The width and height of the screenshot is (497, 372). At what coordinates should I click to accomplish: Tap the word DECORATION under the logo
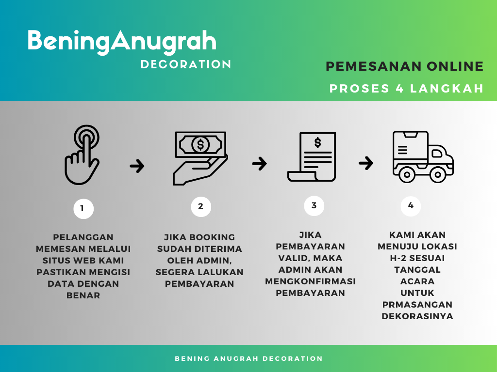[x=186, y=64]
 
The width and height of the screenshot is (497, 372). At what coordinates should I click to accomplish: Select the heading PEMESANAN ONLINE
[x=405, y=66]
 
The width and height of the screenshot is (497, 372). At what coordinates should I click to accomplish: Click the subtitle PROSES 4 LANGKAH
[x=407, y=89]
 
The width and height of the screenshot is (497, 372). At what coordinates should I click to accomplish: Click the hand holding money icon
[x=200, y=158]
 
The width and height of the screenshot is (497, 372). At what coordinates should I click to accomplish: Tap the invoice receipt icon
[x=312, y=157]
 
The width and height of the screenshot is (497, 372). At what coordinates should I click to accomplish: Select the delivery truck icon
[x=423, y=157]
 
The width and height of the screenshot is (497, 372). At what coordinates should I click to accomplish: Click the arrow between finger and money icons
[x=137, y=166]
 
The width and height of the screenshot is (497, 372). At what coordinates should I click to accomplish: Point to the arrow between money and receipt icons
[x=259, y=164]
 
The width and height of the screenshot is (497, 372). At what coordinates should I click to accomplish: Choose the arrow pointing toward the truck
[x=366, y=163]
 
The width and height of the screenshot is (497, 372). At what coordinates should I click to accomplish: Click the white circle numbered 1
[x=83, y=208]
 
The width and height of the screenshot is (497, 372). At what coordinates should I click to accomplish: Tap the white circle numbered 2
[x=201, y=206]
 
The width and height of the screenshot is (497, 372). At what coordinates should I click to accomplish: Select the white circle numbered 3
[x=314, y=205]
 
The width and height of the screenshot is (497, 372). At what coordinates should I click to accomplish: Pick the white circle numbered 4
[x=411, y=206]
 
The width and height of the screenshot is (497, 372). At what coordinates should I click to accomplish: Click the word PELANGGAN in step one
[x=83, y=237]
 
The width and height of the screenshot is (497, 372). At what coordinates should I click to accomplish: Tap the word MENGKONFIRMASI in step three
[x=310, y=281]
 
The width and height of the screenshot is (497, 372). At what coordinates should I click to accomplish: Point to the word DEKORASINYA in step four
[x=417, y=316]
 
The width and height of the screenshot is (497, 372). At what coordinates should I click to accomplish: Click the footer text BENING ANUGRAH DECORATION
[x=249, y=359]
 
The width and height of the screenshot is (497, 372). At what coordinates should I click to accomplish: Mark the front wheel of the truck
[x=438, y=174]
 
